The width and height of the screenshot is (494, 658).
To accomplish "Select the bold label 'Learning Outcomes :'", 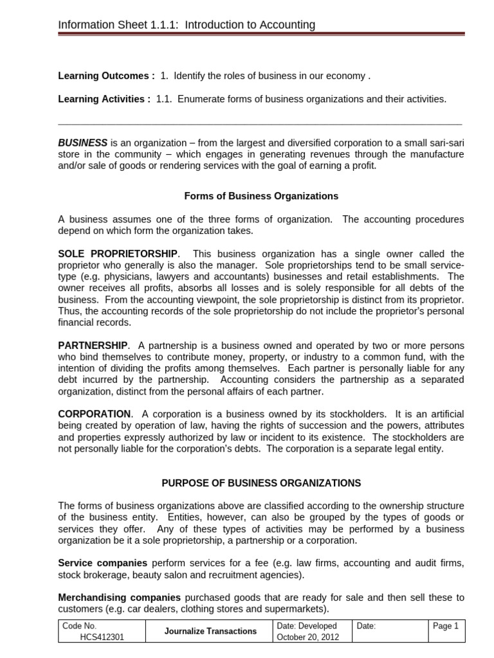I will click(x=106, y=76).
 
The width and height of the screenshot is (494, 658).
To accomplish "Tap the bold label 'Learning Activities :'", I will click(x=104, y=99).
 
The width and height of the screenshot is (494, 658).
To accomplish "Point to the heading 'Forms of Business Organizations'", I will click(x=261, y=196).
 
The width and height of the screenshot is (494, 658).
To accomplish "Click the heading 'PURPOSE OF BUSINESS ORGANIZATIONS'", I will click(x=261, y=483).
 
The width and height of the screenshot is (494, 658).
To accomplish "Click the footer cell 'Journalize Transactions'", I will click(x=210, y=631).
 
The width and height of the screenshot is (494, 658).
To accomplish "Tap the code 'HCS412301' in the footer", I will click(x=104, y=637).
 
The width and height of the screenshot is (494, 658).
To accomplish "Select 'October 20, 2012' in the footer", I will click(x=306, y=637).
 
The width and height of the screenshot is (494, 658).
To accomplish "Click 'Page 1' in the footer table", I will click(x=446, y=626).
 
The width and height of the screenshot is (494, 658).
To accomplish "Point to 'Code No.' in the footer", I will click(x=80, y=626).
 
